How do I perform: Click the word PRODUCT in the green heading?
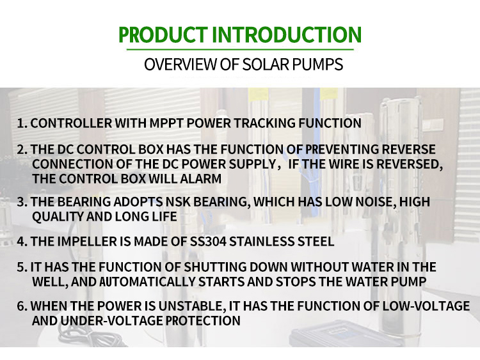pos(163,35)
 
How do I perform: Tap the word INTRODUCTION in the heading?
pos(287,35)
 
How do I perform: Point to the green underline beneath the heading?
pos(240,49)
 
